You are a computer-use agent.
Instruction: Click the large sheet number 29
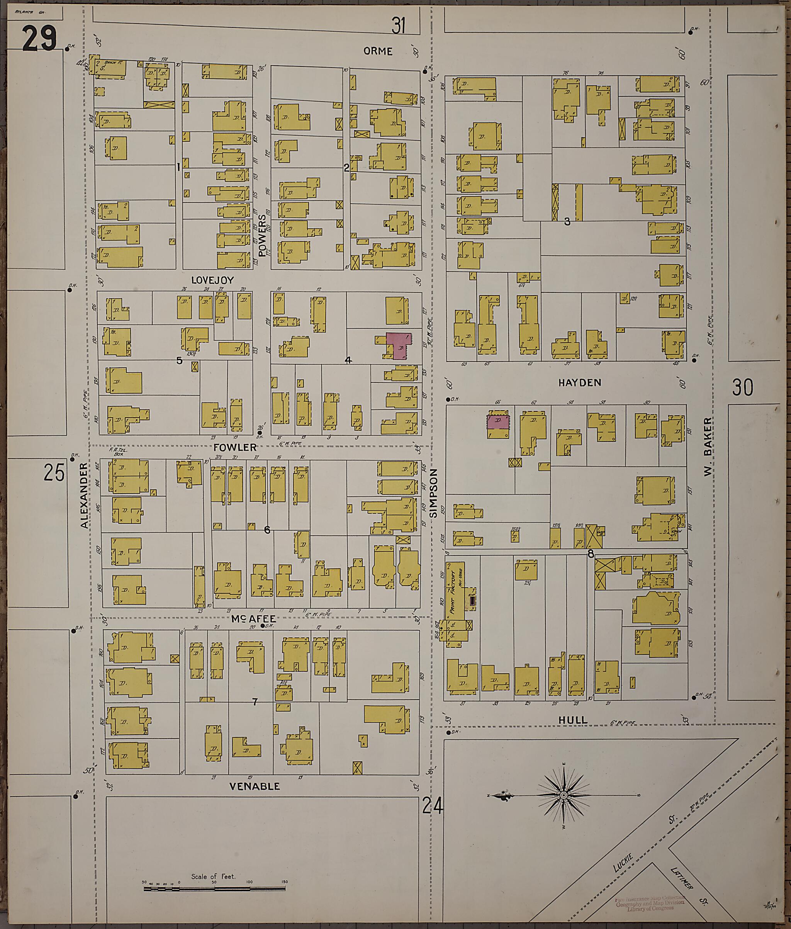click(x=39, y=39)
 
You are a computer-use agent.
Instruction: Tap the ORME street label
click(x=378, y=51)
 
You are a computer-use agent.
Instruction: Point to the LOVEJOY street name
click(x=212, y=280)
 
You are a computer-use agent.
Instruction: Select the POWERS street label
click(x=262, y=235)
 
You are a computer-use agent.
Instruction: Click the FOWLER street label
click(x=235, y=447)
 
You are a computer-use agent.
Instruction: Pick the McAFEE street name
click(x=253, y=619)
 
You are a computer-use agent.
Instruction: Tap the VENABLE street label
click(x=255, y=786)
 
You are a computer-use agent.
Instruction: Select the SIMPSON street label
click(x=433, y=493)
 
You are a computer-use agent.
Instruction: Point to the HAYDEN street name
click(x=579, y=382)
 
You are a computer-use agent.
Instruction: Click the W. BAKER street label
click(x=708, y=452)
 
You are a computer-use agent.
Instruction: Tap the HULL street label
click(x=573, y=720)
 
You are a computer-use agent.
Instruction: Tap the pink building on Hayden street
click(x=498, y=422)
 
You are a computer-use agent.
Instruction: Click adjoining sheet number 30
click(x=743, y=387)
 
